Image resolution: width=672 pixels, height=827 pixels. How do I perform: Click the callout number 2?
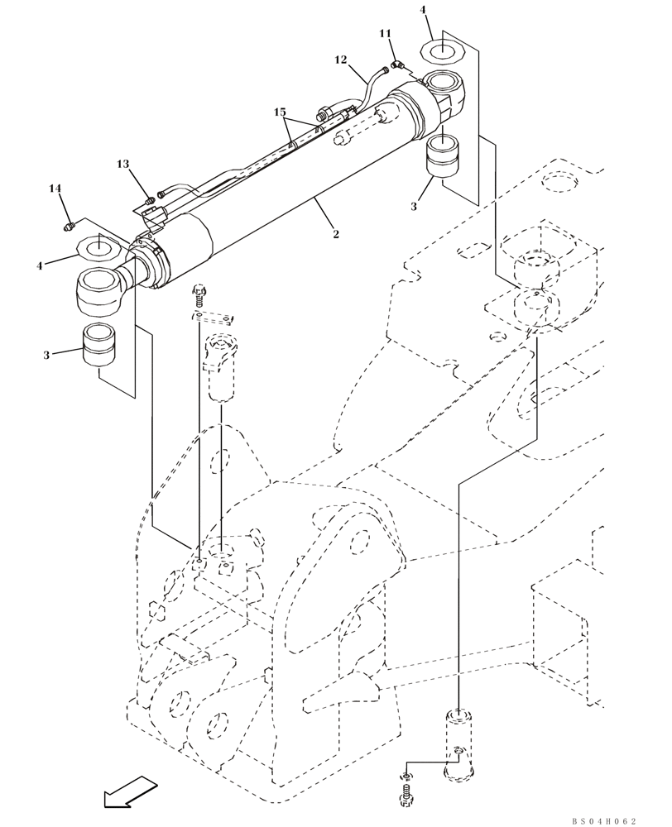(336, 235)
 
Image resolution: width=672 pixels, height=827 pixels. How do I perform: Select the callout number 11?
(385, 33)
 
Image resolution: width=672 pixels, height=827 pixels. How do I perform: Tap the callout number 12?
(341, 60)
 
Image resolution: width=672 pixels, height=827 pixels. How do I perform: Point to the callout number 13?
(123, 165)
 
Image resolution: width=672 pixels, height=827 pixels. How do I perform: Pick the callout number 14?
(55, 189)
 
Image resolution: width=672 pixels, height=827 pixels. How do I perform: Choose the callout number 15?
(280, 112)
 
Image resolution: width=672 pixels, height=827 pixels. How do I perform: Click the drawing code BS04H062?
(604, 820)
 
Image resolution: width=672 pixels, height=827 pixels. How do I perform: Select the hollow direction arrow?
(130, 791)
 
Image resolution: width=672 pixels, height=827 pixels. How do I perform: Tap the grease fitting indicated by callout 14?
(70, 223)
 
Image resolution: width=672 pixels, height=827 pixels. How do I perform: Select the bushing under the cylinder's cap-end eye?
(444, 156)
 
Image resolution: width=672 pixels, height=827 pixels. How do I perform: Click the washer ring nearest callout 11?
(443, 52)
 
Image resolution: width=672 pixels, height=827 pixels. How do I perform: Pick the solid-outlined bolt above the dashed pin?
(199, 294)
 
